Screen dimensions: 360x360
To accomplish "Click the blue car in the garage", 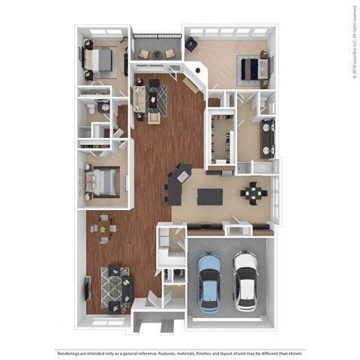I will [x=208, y=280].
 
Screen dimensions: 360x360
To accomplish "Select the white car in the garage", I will [x=244, y=280].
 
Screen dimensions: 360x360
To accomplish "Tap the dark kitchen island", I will [x=209, y=196].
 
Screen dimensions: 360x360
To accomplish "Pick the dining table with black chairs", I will [x=253, y=193].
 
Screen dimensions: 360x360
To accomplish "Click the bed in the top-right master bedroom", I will [x=253, y=69].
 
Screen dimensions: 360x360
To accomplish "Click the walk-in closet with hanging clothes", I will [x=220, y=139].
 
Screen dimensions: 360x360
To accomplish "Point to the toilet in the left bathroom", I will [x=89, y=110].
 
